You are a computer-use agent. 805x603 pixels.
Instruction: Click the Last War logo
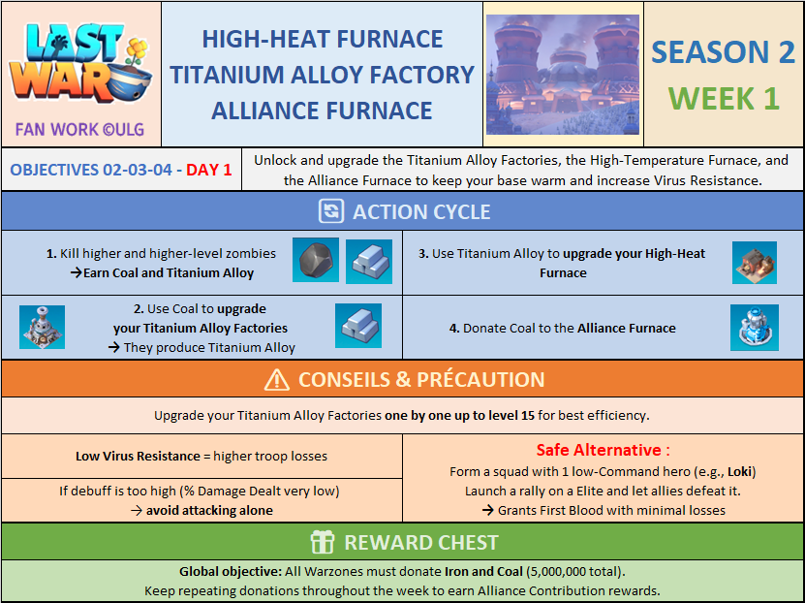80,62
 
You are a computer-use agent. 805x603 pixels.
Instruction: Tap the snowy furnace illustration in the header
563,75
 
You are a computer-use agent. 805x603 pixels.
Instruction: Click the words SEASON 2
723,52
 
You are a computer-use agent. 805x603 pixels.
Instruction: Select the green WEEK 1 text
724,98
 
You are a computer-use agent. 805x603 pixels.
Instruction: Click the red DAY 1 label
208,170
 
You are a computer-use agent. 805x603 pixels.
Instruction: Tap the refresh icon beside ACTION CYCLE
331,211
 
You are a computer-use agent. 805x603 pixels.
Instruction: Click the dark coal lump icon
316,260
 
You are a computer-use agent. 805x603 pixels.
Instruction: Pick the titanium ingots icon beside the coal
369,262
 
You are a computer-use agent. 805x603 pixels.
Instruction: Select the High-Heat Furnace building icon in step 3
755,263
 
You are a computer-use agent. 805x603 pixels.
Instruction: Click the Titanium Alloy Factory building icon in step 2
42,327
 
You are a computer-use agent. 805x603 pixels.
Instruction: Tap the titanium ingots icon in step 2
358,326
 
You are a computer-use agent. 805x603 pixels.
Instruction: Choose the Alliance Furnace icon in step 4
755,328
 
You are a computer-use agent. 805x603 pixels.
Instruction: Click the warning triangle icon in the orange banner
277,380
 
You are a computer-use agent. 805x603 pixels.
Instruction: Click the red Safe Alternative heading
604,450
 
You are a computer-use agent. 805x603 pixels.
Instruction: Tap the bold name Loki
739,471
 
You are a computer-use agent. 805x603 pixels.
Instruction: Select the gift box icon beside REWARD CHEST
323,542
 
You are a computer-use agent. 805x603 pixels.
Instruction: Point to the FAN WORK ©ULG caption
79,130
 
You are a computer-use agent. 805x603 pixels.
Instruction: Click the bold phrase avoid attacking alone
209,511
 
